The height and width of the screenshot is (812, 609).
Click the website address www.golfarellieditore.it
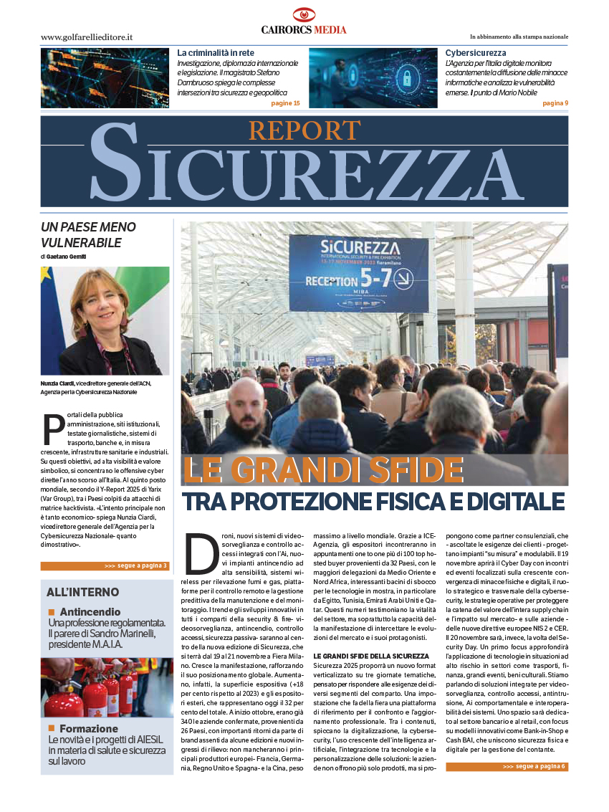(87, 37)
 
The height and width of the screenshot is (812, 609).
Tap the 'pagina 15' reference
(285, 103)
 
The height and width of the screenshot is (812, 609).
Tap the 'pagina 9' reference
(555, 103)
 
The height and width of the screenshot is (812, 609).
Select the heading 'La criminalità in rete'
(216, 53)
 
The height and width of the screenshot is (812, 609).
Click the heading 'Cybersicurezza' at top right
(476, 53)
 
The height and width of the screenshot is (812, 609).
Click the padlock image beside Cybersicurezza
(373, 78)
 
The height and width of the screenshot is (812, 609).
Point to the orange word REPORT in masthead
(304, 130)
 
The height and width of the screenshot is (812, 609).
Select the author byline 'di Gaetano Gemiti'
(67, 257)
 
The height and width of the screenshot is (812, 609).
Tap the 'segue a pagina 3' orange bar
(105, 565)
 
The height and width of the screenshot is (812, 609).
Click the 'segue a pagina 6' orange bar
(507, 766)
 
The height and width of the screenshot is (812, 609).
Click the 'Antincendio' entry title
(90, 612)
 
